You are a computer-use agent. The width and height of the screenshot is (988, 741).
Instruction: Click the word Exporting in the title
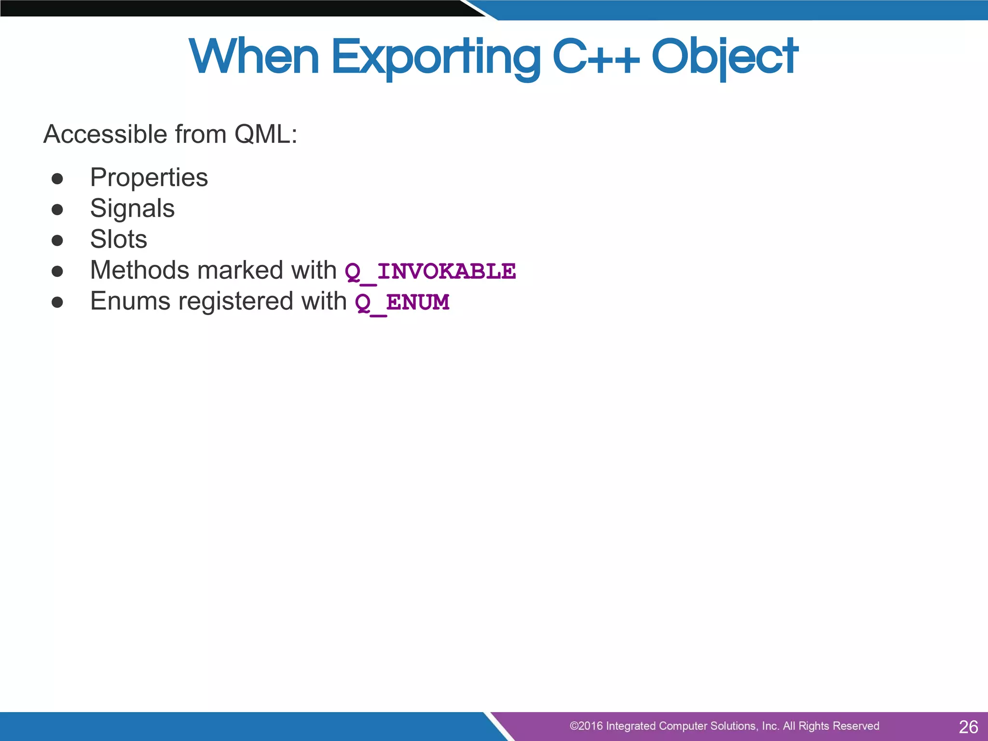[x=436, y=58]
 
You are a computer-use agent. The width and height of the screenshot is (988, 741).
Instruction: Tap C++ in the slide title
[x=596, y=58]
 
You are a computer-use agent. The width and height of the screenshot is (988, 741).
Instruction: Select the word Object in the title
[x=725, y=58]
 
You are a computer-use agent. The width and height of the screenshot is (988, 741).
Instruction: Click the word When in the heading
[x=254, y=58]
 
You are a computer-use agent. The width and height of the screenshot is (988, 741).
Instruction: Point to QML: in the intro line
[x=266, y=135]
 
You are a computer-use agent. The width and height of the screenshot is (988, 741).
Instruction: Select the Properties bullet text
[x=149, y=178]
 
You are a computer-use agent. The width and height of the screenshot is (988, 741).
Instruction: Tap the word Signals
[x=132, y=209]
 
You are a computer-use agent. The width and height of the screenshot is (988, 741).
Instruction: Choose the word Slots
[x=118, y=240]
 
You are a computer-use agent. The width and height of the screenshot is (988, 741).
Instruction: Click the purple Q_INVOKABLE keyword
[x=430, y=272]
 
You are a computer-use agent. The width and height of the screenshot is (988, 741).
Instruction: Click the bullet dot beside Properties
[x=57, y=179]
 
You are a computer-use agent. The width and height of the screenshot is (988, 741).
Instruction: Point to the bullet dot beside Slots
[x=57, y=241]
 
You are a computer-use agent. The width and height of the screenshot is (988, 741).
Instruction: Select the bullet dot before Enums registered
[x=57, y=302]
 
